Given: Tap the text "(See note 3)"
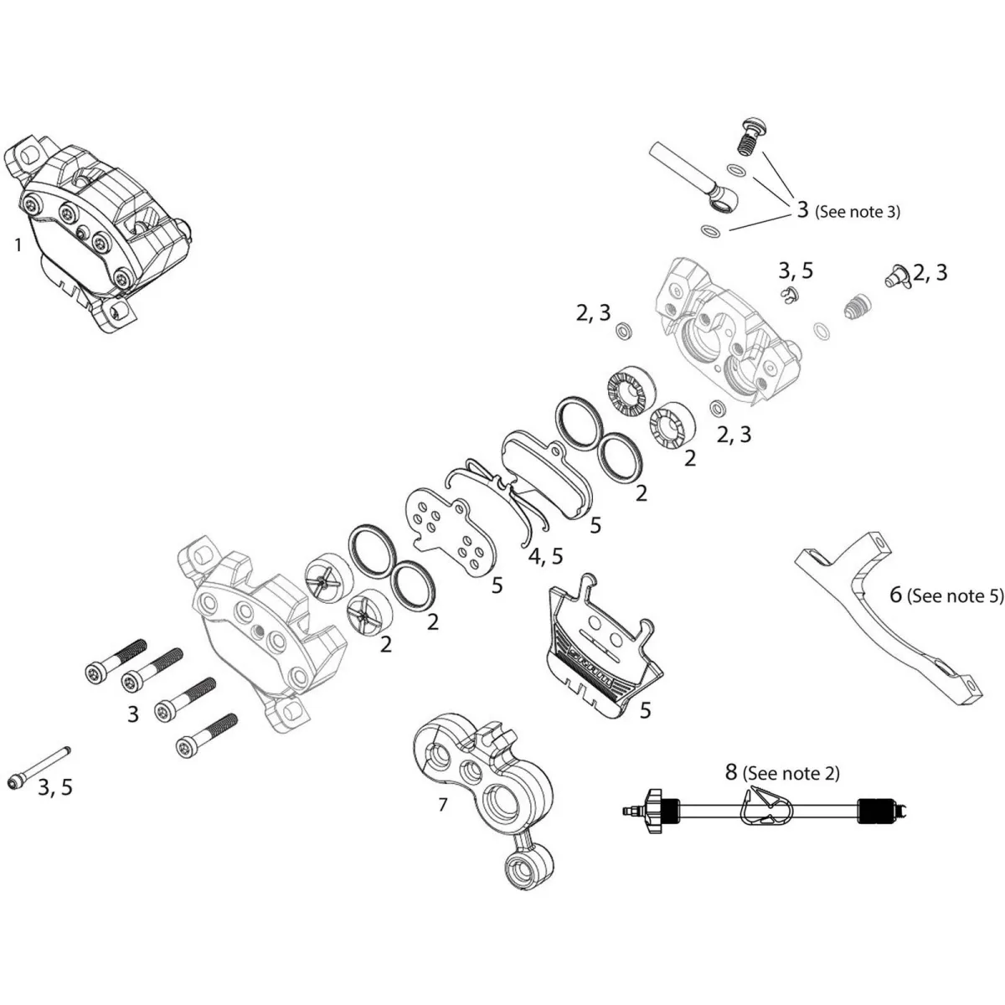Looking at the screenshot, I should click(858, 212).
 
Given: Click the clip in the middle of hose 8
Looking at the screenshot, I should click(764, 809).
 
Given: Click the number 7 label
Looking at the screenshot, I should click(442, 806).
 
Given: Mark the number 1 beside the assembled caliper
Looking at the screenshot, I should click(18, 245).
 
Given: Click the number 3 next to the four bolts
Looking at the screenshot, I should click(132, 714).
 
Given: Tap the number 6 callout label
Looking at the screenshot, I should click(895, 595).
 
